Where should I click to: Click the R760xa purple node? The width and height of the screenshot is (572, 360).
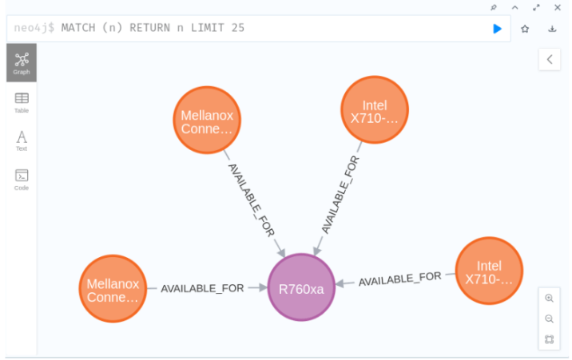(x=300, y=287)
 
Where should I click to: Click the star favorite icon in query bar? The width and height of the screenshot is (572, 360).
(x=525, y=28)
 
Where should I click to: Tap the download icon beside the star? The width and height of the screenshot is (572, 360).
(x=552, y=28)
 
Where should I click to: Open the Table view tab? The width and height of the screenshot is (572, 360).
(x=22, y=102)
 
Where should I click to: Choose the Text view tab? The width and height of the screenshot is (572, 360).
(x=22, y=140)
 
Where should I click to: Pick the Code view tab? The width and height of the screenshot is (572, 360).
(x=22, y=180)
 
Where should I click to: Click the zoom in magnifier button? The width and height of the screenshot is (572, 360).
(x=549, y=298)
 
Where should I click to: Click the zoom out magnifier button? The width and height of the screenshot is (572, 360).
(x=549, y=318)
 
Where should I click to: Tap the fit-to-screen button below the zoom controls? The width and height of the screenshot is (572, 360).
(x=549, y=339)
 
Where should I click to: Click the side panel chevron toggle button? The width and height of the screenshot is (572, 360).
(x=549, y=59)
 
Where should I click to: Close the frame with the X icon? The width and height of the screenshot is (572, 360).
(x=558, y=7)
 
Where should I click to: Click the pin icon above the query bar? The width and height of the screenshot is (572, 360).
(x=494, y=7)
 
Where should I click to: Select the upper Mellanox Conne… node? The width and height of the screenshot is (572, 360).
(x=207, y=121)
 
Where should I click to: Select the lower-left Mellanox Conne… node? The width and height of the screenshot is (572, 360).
(x=113, y=289)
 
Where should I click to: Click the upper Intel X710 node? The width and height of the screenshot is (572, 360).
(x=374, y=110)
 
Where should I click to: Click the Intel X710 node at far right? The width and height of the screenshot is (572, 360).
(x=488, y=271)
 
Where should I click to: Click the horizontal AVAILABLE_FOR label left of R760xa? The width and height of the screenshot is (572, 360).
(x=202, y=288)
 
